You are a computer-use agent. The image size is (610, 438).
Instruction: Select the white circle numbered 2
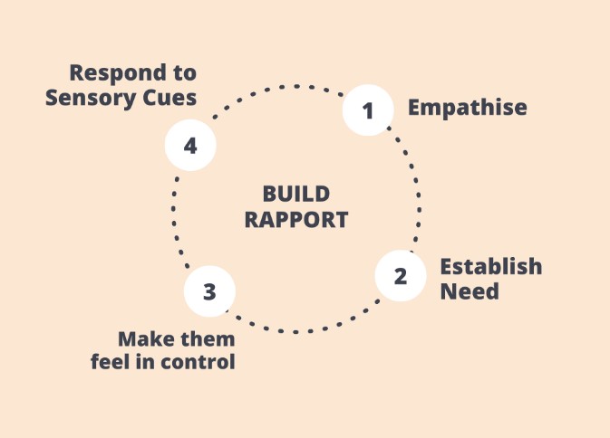[401, 276]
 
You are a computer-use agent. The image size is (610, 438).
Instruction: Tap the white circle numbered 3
[209, 291]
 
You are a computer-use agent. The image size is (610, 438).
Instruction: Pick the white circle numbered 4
[190, 145]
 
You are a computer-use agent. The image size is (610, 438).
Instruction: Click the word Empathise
[467, 108]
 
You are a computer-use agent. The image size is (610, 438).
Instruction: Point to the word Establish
[490, 267]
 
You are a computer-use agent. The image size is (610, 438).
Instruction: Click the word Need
[470, 292]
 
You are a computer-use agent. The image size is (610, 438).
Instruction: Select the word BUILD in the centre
[295, 194]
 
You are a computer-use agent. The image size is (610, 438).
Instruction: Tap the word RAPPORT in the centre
[295, 219]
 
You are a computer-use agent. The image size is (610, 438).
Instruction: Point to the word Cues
[172, 98]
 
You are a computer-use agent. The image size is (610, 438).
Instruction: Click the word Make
[144, 339]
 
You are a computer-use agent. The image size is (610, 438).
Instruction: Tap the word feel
[110, 363]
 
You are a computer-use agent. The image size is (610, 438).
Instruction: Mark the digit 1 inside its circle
[368, 111]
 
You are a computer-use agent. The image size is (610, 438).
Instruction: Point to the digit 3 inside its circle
[209, 291]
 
